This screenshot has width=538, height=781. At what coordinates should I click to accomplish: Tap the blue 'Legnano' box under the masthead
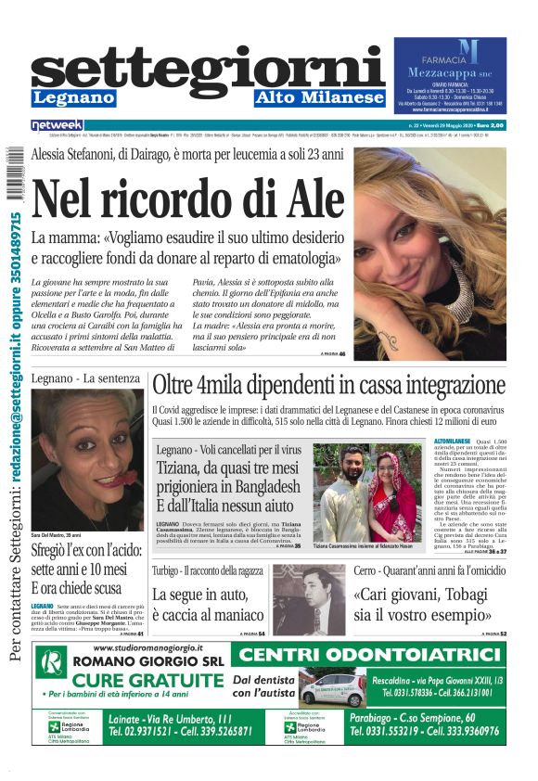(x=73, y=97)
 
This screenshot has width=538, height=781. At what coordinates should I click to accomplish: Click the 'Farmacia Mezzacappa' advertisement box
(x=449, y=75)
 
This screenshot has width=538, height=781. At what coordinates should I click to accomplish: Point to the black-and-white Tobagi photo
(x=306, y=598)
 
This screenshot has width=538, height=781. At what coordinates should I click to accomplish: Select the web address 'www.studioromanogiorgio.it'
(x=153, y=647)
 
